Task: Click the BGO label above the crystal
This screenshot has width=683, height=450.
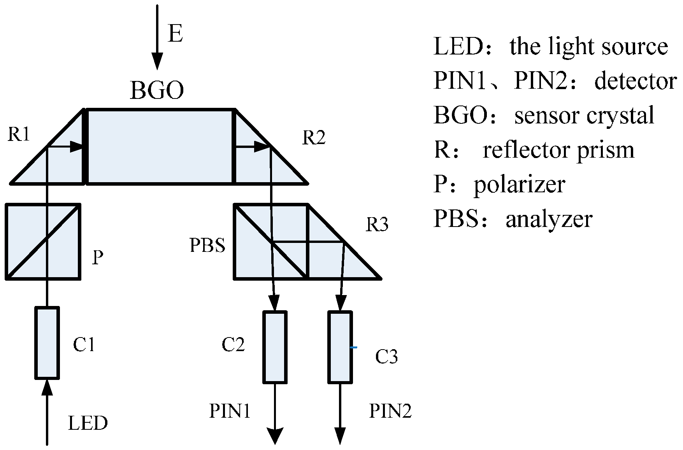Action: (156, 90)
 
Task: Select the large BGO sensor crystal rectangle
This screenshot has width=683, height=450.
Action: (160, 146)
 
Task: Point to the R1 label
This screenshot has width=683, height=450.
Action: (19, 134)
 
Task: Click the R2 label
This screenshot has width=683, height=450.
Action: (314, 138)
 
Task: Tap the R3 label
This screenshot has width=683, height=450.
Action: (377, 225)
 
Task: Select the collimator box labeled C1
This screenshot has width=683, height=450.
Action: (47, 343)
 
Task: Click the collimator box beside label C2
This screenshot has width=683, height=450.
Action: (275, 347)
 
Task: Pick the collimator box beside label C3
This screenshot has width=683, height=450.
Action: (340, 347)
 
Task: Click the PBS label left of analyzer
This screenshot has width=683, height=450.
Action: (207, 246)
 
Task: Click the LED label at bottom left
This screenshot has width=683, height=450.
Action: (88, 423)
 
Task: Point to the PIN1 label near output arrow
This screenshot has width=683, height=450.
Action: (230, 411)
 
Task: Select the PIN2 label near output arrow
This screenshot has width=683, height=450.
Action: (390, 411)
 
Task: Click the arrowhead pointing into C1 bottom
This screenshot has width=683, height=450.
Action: (47, 387)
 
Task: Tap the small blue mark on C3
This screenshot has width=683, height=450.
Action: (353, 347)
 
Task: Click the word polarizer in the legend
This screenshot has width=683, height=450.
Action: (519, 185)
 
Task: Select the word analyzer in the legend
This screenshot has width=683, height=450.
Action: (549, 219)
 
